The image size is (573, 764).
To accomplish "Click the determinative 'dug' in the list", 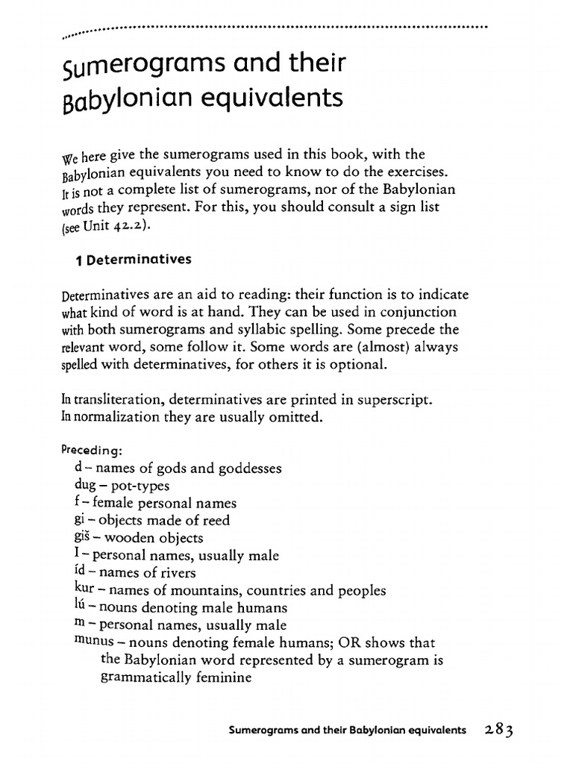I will (77, 486).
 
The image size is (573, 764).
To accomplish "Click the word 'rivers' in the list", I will (176, 572).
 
